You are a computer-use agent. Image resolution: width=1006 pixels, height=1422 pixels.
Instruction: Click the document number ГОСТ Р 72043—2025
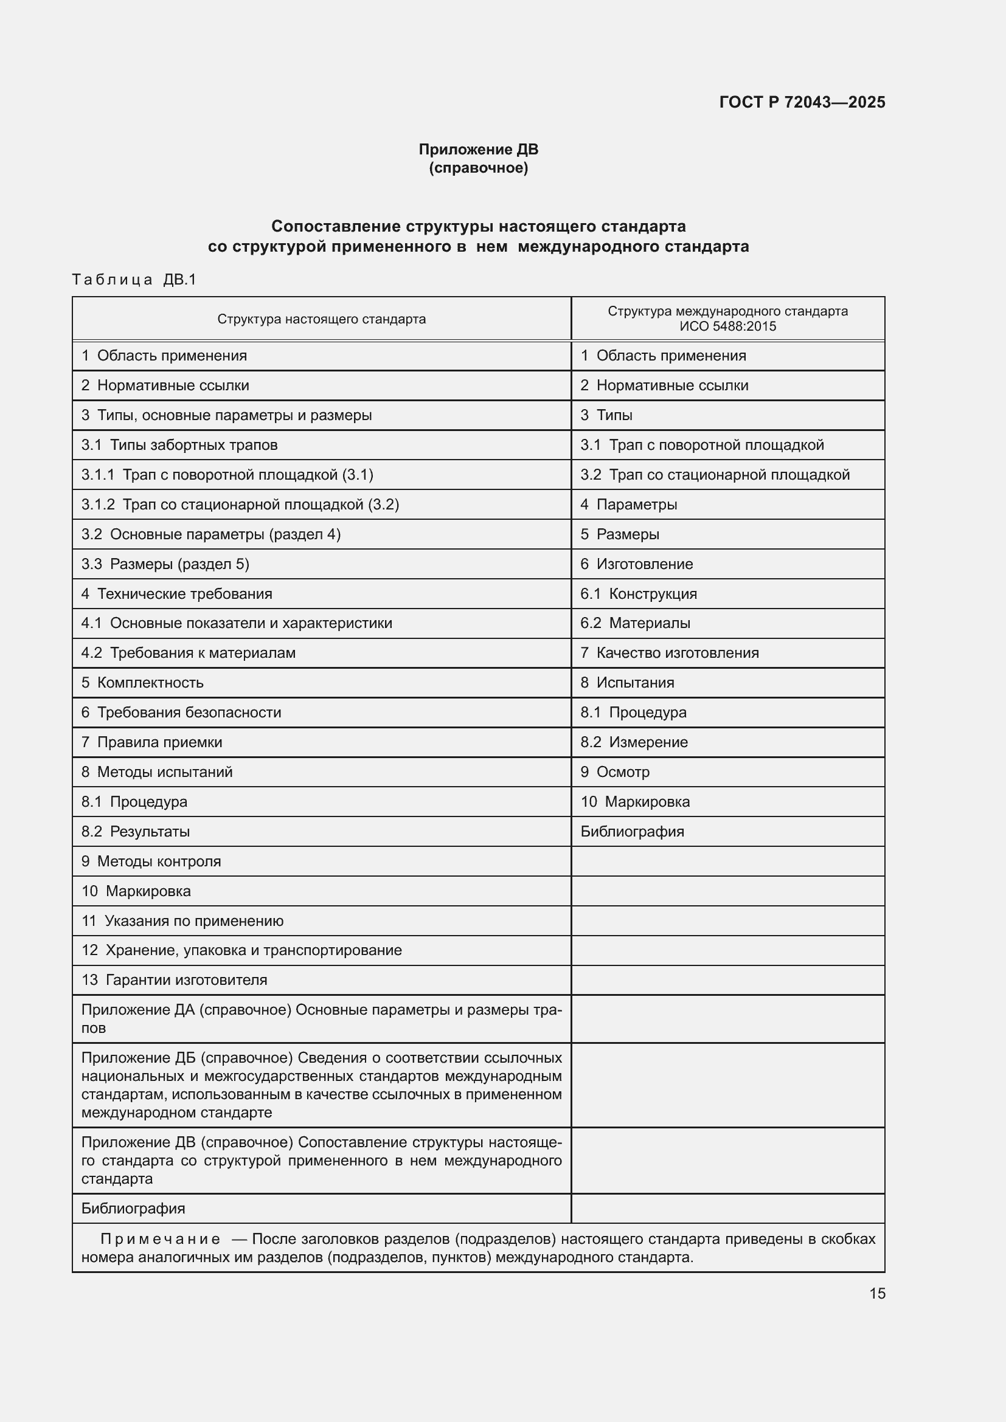tap(802, 102)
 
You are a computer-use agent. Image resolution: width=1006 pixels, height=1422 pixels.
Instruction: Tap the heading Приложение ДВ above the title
tap(478, 150)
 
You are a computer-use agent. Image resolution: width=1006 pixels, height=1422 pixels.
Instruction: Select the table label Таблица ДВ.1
tap(134, 280)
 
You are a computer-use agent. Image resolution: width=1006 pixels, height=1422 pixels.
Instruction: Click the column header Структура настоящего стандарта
tap(322, 319)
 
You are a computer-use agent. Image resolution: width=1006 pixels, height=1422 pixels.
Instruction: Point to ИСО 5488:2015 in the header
tap(727, 326)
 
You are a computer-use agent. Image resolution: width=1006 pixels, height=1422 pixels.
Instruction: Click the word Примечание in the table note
tap(160, 1238)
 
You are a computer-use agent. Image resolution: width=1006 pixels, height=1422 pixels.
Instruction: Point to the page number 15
tap(877, 1293)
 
